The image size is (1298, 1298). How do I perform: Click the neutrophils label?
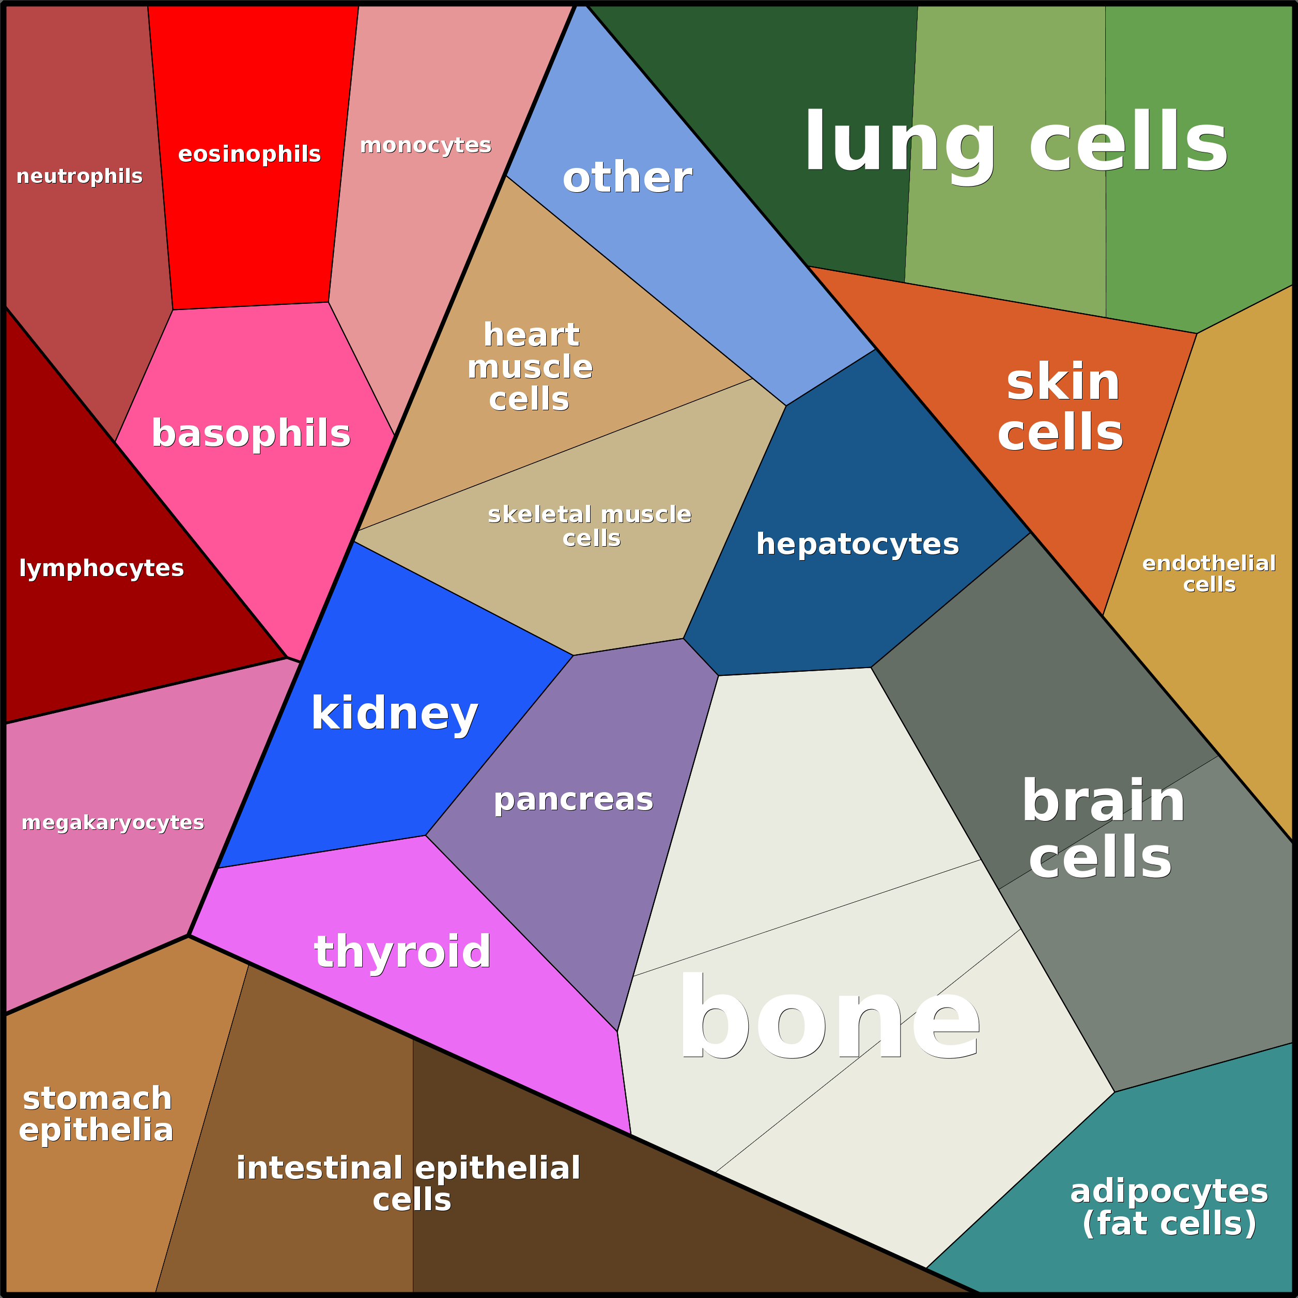pos(79,176)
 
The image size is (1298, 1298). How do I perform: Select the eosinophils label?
pos(249,154)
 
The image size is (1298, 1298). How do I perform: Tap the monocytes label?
pos(425,145)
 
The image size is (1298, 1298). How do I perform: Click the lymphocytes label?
pos(101,568)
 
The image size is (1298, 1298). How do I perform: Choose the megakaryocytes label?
pos(113,822)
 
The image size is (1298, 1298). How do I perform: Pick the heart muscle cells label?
pos(530,367)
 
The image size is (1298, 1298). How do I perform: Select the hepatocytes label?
pos(857,544)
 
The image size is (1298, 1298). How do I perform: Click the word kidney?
pos(394,713)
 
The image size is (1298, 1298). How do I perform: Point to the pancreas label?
pos(573,799)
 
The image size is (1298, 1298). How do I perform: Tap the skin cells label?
pos(1061,407)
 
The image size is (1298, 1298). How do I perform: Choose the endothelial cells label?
pos(1209,573)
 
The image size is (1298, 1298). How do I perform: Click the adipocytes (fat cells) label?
pos(1169,1207)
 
